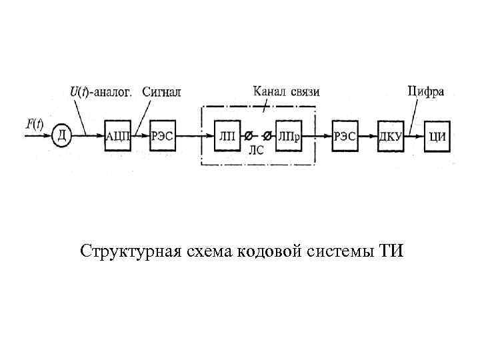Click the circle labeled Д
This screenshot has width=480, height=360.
[x=61, y=136]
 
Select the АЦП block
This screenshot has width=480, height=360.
[x=119, y=136]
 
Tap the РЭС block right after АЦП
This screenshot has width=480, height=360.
[x=162, y=136]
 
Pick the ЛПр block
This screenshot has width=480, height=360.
[x=288, y=136]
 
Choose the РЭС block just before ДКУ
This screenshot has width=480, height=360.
[x=346, y=136]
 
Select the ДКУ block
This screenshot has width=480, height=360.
[x=391, y=136]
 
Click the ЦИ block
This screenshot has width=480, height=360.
[x=437, y=136]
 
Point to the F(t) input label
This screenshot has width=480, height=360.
[x=34, y=123]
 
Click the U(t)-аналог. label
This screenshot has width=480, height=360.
[x=101, y=92]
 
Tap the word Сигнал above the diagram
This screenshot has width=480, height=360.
[x=161, y=92]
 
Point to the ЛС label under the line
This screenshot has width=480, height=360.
[x=256, y=151]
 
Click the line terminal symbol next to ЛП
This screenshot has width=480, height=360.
[x=248, y=135]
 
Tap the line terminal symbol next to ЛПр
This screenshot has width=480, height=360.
[x=267, y=135]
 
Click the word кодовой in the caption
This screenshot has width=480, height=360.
[x=269, y=251]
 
